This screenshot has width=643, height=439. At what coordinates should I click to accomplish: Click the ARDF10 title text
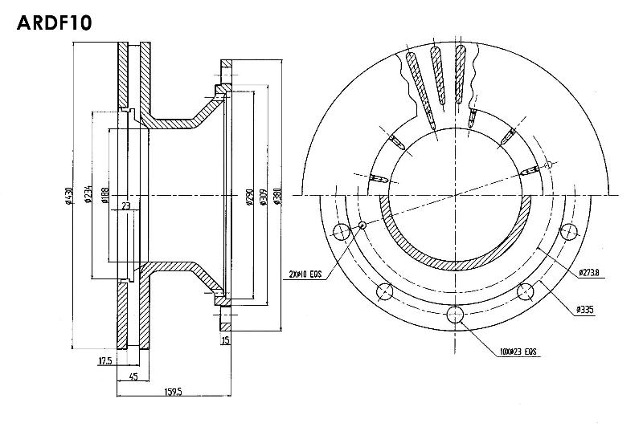[55, 22]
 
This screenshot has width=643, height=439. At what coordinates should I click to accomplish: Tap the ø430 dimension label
[69, 195]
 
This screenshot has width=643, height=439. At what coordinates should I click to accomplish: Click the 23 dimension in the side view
[126, 206]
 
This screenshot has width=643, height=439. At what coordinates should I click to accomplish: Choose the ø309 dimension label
[263, 197]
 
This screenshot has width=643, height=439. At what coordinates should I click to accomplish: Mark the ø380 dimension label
[276, 197]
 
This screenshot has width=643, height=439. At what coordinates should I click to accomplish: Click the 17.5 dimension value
[104, 361]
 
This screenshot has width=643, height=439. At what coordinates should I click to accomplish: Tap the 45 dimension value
[133, 376]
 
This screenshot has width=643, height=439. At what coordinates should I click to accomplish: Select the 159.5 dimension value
[173, 392]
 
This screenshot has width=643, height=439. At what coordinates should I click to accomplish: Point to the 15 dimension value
[226, 340]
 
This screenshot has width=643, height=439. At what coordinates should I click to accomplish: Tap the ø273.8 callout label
[592, 274]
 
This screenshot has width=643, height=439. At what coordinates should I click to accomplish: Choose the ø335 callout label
[584, 309]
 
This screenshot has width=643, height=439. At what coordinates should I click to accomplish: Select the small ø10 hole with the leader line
[362, 226]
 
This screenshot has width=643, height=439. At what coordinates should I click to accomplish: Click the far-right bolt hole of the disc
[569, 232]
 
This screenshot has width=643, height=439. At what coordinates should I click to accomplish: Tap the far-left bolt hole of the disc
[341, 232]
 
